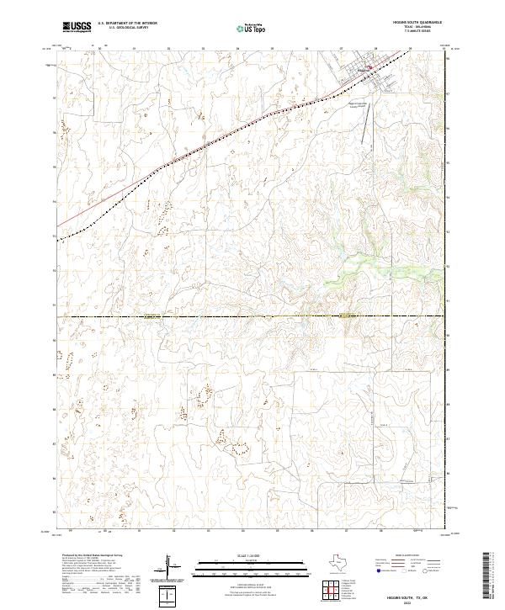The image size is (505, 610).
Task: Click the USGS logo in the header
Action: [x=77, y=27]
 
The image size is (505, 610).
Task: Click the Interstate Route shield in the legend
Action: [x=378, y=571]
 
